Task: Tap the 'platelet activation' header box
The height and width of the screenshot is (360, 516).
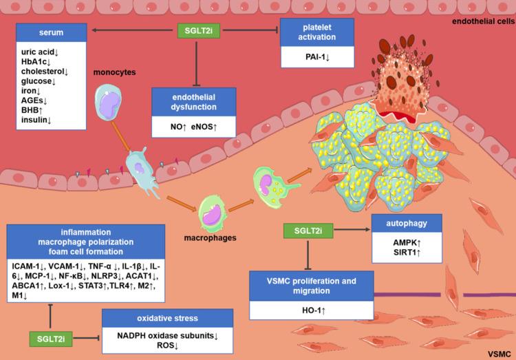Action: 316,33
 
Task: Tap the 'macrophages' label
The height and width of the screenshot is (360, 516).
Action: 214,237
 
